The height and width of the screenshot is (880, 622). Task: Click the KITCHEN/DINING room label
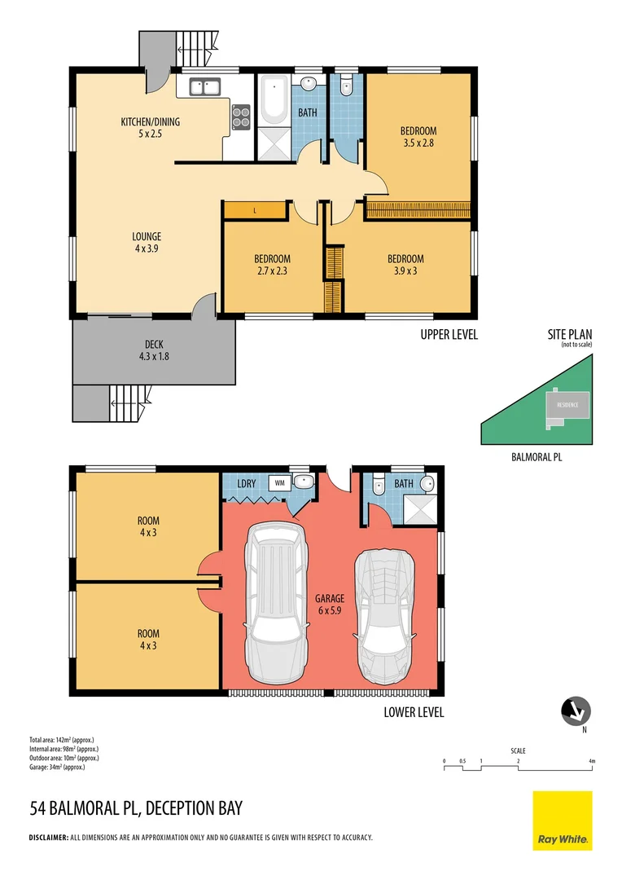tap(151, 127)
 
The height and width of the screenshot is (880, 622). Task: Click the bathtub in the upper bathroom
tap(273, 100)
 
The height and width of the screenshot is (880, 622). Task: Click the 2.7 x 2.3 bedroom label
tap(273, 265)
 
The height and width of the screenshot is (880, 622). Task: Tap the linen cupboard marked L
tap(254, 211)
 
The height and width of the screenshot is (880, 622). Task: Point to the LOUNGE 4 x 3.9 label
tap(147, 243)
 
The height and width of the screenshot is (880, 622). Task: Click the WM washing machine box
tap(279, 482)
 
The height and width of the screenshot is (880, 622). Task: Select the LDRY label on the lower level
tap(246, 483)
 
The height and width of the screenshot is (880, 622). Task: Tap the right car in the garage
tap(386, 615)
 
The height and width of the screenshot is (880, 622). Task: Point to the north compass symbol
tap(576, 711)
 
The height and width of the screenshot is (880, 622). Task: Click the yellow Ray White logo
tap(563, 821)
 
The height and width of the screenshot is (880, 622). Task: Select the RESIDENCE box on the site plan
tap(567, 405)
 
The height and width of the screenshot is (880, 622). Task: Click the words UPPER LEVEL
tap(449, 334)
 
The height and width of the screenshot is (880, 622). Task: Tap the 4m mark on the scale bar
tap(593, 762)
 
